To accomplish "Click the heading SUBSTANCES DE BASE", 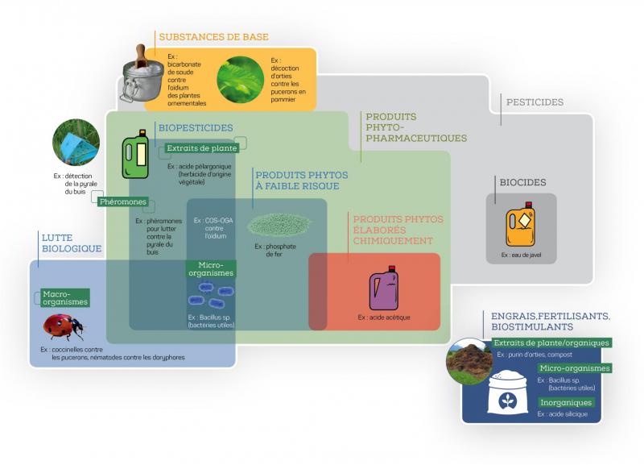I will tap(213, 37).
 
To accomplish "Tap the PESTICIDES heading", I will tap(535, 102).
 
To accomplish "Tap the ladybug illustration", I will tap(63, 327).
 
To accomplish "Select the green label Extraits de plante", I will tap(198, 147).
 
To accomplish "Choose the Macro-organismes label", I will tap(65, 298).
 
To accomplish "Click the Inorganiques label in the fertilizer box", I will tap(567, 402).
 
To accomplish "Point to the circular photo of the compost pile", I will tap(470, 360).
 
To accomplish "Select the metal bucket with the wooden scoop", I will tap(142, 77).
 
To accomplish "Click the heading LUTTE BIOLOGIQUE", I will tap(72, 243).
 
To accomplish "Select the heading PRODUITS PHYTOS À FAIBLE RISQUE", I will tap(296, 180).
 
